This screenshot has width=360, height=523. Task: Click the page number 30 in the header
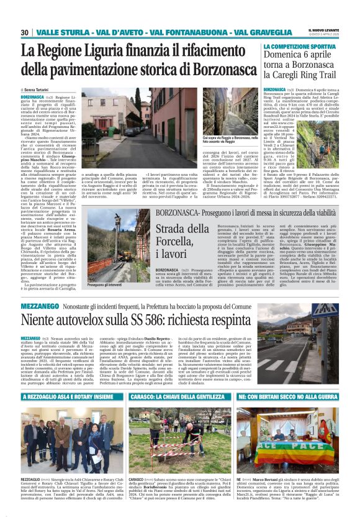coord(25,32)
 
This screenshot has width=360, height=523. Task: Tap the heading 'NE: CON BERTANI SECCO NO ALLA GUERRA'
coord(295,396)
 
